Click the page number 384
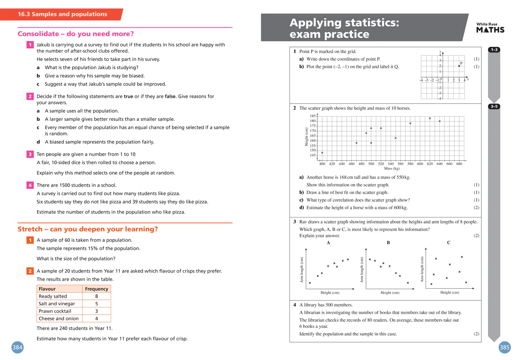[x=17, y=347]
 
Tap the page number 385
[x=504, y=347]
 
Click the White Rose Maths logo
[x=490, y=28]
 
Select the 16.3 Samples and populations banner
[x=62, y=14]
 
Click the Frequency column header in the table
[x=96, y=289]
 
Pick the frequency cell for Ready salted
[x=96, y=296]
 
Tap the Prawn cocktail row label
[x=55, y=311]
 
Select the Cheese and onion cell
[x=58, y=319]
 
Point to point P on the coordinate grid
[x=459, y=66]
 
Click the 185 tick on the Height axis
[x=313, y=116]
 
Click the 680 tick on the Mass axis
[x=459, y=164]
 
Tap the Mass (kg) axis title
[x=391, y=168]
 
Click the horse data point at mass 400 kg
[x=322, y=153]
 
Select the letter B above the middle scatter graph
[x=388, y=243]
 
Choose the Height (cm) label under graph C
[x=450, y=293]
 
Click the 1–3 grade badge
[x=494, y=50]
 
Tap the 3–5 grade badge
[x=494, y=106]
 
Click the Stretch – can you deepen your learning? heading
[x=88, y=229]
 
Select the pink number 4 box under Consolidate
[x=30, y=185]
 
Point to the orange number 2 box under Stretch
[x=30, y=271]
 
